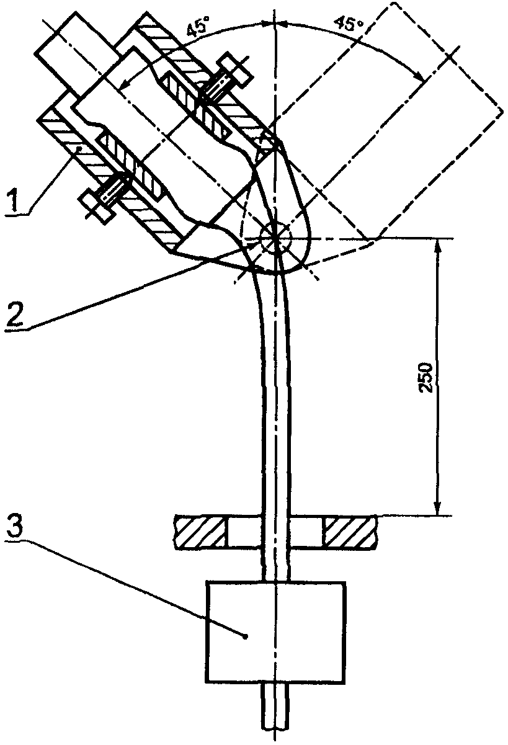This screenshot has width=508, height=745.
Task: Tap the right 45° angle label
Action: [x=348, y=25]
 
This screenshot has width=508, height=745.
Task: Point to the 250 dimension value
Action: [x=428, y=376]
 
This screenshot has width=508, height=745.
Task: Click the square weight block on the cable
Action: [x=276, y=630]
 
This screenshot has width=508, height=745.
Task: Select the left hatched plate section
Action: [x=199, y=532]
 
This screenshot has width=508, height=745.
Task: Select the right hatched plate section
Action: [x=351, y=532]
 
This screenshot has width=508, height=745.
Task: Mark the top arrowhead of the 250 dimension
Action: [x=438, y=245]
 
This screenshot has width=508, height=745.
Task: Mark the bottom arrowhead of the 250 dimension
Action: [x=438, y=508]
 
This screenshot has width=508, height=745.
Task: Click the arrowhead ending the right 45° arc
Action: [x=421, y=78]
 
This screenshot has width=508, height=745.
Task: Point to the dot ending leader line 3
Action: [x=247, y=635]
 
